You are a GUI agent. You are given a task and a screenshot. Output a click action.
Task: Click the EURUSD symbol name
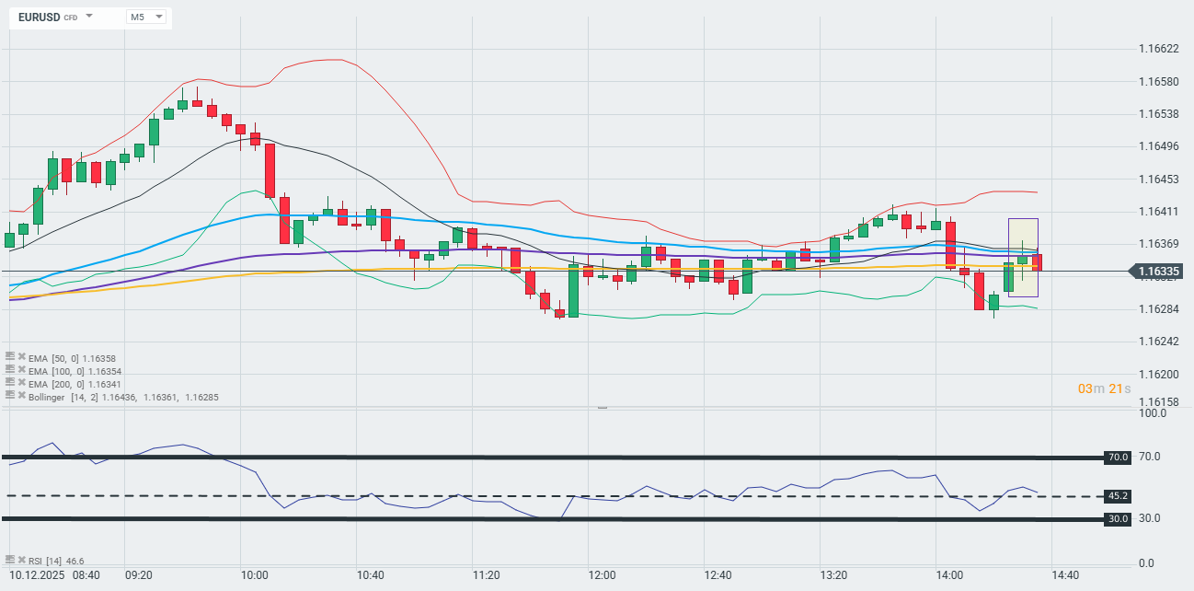(39, 17)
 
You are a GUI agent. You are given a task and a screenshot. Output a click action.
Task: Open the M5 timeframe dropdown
(146, 17)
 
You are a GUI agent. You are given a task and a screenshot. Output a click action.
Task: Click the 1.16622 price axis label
(1158, 49)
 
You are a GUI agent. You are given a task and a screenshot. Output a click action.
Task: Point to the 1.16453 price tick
(1158, 179)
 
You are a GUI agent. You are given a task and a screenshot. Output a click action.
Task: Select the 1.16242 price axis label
(1158, 342)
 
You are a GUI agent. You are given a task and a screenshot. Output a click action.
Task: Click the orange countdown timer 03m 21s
(1104, 388)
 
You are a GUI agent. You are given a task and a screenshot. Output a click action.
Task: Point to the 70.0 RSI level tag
(1118, 457)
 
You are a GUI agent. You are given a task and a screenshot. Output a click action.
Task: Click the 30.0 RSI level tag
(1118, 519)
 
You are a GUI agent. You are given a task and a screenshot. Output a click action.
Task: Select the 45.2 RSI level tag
(1118, 496)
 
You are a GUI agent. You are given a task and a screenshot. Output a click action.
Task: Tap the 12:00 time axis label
(602, 575)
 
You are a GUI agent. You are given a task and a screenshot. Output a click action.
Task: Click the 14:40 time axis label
(1065, 575)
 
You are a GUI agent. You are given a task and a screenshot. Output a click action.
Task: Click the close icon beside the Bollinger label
(21, 396)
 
